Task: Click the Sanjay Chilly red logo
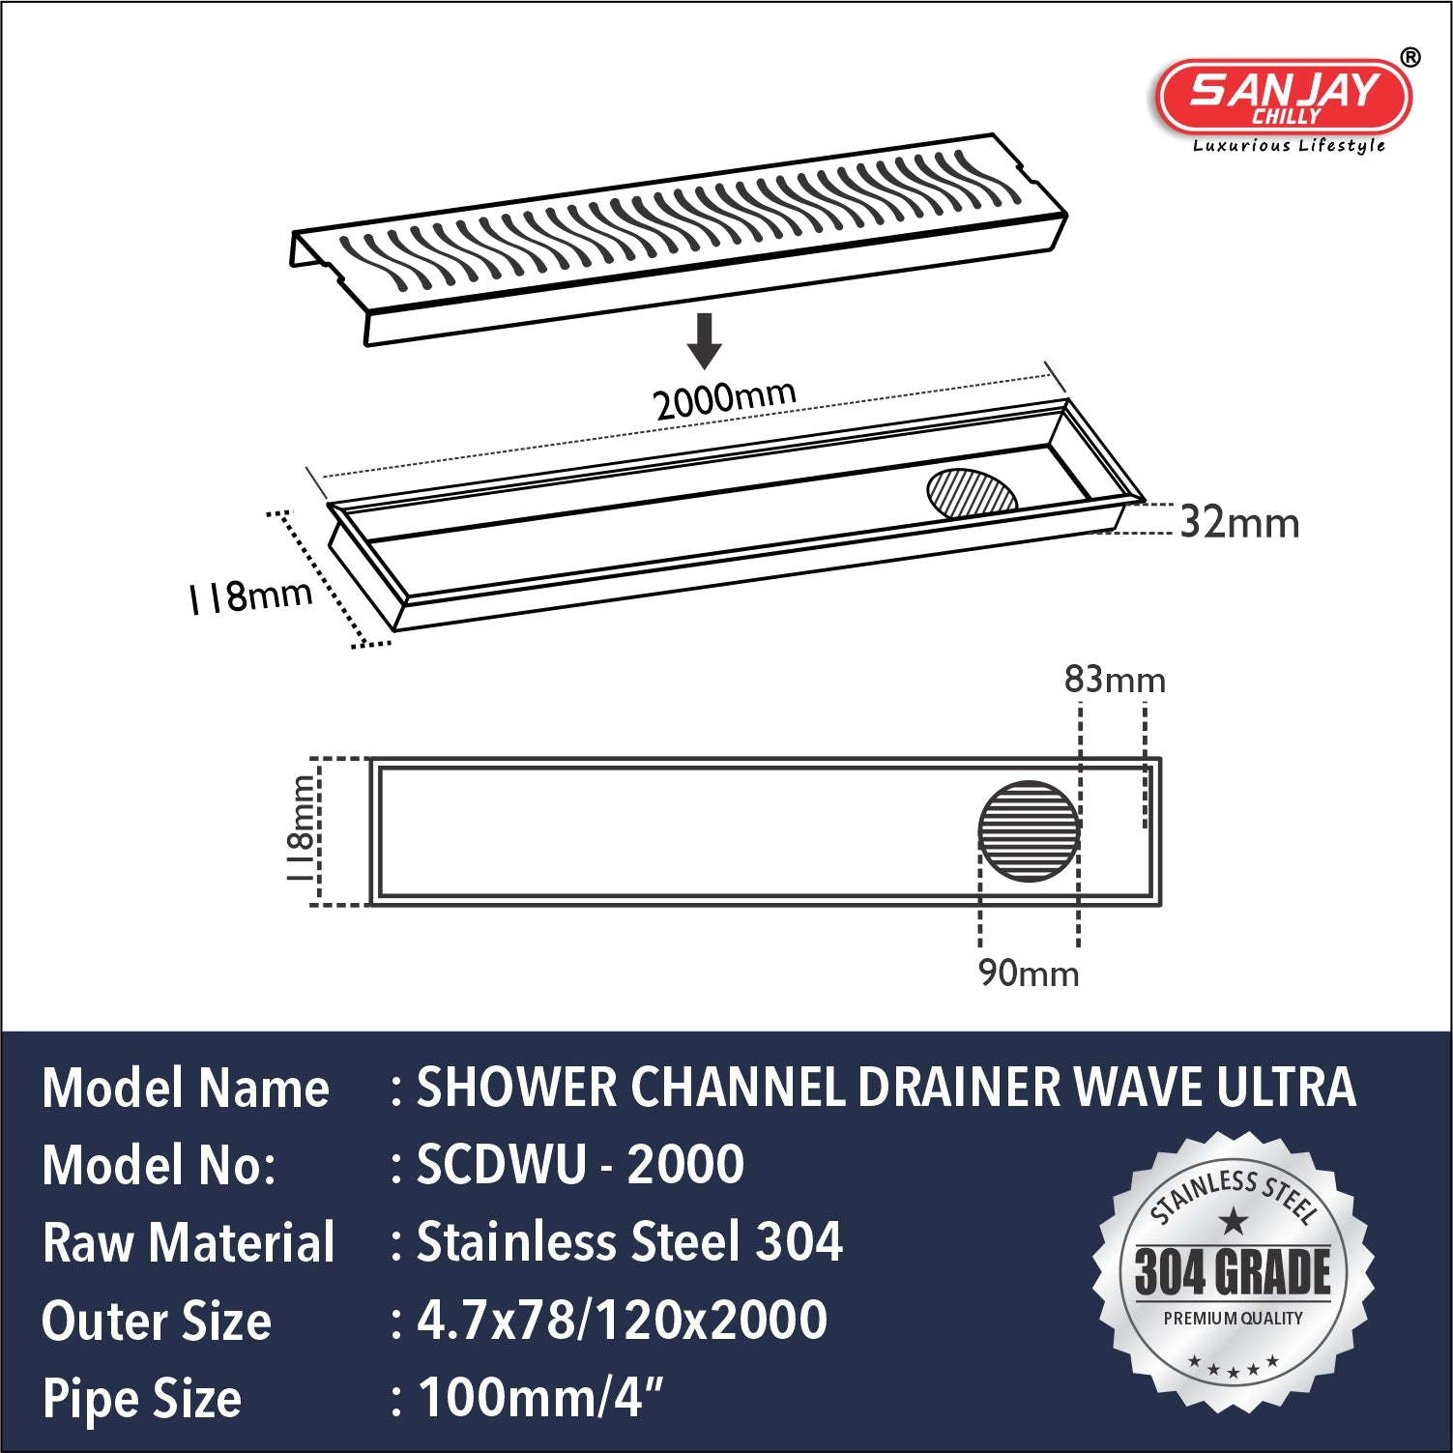pyautogui.click(x=1284, y=97)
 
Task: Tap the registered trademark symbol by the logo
pyautogui.click(x=1410, y=58)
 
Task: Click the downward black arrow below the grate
pyautogui.click(x=705, y=339)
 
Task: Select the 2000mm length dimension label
pyautogui.click(x=724, y=398)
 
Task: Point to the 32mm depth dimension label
pyautogui.click(x=1240, y=523)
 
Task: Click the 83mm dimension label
pyautogui.click(x=1115, y=680)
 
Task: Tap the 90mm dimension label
pyautogui.click(x=1029, y=973)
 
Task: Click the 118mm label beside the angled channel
pyautogui.click(x=250, y=596)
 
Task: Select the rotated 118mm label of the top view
pyautogui.click(x=300, y=828)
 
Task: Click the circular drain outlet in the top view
pyautogui.click(x=1029, y=831)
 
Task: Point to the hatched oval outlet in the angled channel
pyautogui.click(x=971, y=494)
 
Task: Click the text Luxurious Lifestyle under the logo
pyautogui.click(x=1289, y=146)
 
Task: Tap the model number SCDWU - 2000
pyautogui.click(x=580, y=1164)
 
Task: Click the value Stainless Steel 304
pyautogui.click(x=629, y=1242)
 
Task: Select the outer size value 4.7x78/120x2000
pyautogui.click(x=622, y=1320)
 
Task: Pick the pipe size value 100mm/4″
pyautogui.click(x=540, y=1397)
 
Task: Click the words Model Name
pyautogui.click(x=186, y=1088)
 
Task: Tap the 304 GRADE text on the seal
pyautogui.click(x=1233, y=1271)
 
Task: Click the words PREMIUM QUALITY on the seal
pyautogui.click(x=1233, y=1319)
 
